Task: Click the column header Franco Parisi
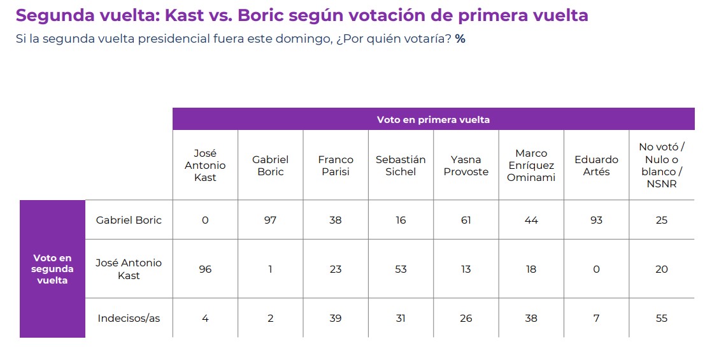335,166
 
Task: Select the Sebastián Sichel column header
401,166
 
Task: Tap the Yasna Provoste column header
466,166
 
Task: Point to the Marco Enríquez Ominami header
531,166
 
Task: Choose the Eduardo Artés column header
596,166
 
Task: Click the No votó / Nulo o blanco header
662,166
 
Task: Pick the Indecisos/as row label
129,318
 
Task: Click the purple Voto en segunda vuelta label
53,269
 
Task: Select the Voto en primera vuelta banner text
433,119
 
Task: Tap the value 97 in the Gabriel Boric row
270,220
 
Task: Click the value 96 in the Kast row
205,269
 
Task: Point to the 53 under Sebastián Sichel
401,269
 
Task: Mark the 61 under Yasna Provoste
466,220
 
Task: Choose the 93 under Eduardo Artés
596,220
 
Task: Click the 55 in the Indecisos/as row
662,318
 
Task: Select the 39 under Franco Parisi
335,318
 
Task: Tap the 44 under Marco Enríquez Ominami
531,220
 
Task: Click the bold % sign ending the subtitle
460,39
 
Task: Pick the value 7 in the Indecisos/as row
596,318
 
